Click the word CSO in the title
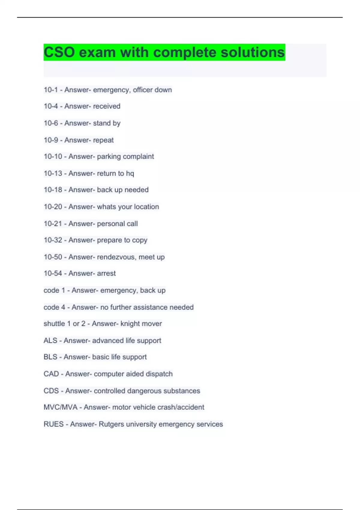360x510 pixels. tap(59, 52)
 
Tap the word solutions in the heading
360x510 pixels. tap(253, 52)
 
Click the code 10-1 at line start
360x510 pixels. tap(51, 90)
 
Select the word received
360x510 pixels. tap(106, 106)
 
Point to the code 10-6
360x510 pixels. tap(51, 123)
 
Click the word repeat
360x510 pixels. tap(103, 140)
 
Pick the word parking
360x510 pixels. tap(109, 156)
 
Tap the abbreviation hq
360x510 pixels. tap(130, 173)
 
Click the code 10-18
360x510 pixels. tap(53, 190)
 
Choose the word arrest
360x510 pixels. tap(106, 273)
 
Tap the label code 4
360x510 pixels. tap(54, 307)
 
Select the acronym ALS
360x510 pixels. tap(50, 340)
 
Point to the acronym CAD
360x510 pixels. tap(51, 374)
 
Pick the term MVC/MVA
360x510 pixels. tap(61, 407)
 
